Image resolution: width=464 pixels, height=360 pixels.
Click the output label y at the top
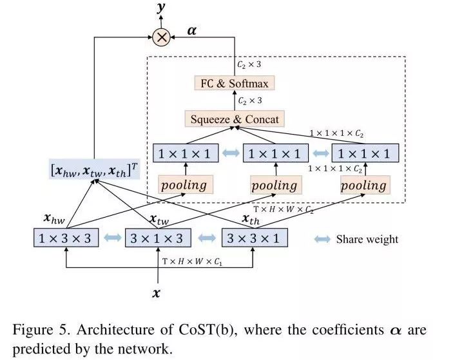point(160,8)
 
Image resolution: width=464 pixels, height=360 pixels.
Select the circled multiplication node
point(161,38)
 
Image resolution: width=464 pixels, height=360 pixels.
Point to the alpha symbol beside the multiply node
point(191,30)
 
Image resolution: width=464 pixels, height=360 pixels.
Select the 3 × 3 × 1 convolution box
point(255,238)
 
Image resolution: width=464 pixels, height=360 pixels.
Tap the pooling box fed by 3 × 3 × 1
point(363,185)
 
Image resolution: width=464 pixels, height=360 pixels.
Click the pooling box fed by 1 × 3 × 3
point(184,185)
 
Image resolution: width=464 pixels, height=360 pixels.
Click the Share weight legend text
point(367,239)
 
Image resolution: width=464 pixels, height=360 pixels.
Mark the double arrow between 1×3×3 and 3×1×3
point(111,238)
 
